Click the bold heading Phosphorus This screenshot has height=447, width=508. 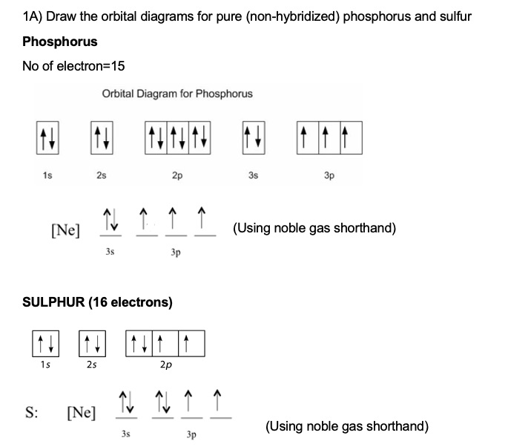pyautogui.click(x=60, y=42)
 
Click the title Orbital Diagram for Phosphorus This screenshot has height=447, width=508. pyautogui.click(x=177, y=94)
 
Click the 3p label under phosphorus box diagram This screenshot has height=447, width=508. pyautogui.click(x=329, y=175)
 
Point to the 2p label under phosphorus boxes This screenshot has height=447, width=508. pyautogui.click(x=177, y=175)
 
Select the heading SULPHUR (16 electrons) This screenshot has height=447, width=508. pyautogui.click(x=97, y=302)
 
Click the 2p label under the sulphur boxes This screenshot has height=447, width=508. pyautogui.click(x=165, y=365)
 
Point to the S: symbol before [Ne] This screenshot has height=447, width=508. pyautogui.click(x=33, y=411)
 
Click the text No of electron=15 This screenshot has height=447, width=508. pyautogui.click(x=73, y=66)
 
